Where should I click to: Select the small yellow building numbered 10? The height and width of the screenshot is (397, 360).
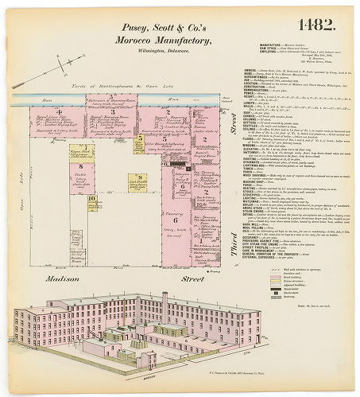click(93, 203)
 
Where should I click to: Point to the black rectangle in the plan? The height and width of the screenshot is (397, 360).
click(188, 168)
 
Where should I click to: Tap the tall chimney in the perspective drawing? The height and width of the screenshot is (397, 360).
click(165, 306)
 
